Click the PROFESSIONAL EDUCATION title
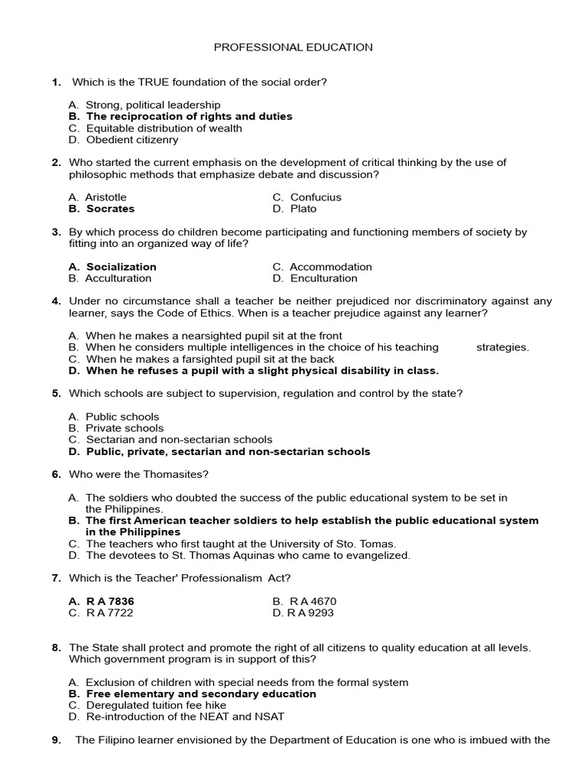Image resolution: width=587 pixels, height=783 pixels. pyautogui.click(x=293, y=47)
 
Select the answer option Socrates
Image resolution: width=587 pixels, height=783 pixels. pyautogui.click(x=110, y=209)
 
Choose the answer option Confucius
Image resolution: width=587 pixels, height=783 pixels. pyautogui.click(x=316, y=197)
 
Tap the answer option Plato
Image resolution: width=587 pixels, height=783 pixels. pyautogui.click(x=303, y=209)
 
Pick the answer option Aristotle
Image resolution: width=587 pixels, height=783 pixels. pyautogui.click(x=105, y=197)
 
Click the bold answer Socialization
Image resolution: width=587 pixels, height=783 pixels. pyautogui.click(x=121, y=267)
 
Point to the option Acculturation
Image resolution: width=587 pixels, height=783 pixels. pyautogui.click(x=118, y=278)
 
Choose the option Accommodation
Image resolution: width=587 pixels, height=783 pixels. pyautogui.click(x=331, y=267)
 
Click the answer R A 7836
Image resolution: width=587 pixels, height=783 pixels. pyautogui.click(x=110, y=601)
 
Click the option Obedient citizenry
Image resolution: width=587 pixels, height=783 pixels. pyautogui.click(x=131, y=140)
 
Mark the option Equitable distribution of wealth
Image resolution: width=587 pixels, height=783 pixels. pyautogui.click(x=164, y=128)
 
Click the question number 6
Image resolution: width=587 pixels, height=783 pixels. pyautogui.click(x=57, y=474)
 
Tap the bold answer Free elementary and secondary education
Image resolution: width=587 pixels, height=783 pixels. pyautogui.click(x=200, y=694)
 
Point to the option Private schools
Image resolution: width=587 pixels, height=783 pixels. pyautogui.click(x=125, y=428)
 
